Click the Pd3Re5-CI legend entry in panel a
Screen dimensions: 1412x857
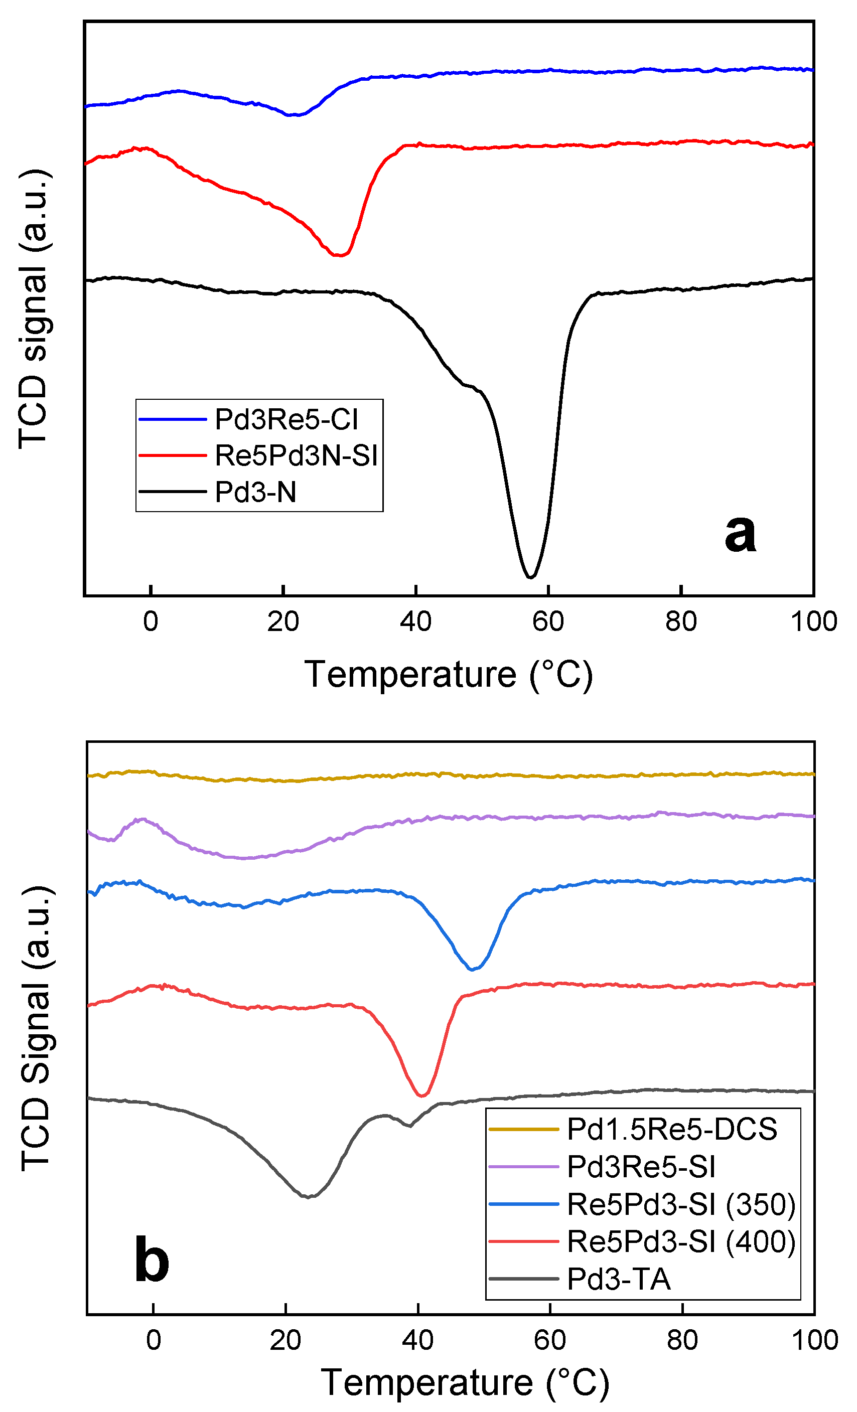click(286, 419)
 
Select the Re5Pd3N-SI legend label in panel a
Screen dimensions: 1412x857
click(296, 455)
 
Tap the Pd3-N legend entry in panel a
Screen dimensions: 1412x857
click(256, 492)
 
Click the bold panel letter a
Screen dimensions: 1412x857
click(740, 533)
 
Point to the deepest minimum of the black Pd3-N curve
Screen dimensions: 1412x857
click(530, 576)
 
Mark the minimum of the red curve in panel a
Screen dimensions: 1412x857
click(339, 255)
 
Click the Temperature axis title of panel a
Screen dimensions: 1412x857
click(448, 675)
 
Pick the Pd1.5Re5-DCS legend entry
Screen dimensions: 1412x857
click(672, 1129)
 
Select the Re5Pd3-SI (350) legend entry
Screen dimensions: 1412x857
click(681, 1204)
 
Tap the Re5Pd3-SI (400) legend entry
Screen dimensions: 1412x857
click(681, 1241)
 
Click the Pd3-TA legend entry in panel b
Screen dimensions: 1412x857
click(619, 1279)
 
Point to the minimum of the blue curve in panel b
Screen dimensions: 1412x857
click(472, 970)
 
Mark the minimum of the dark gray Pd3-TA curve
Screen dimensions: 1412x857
click(308, 1196)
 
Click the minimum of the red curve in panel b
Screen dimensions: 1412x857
click(422, 1095)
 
